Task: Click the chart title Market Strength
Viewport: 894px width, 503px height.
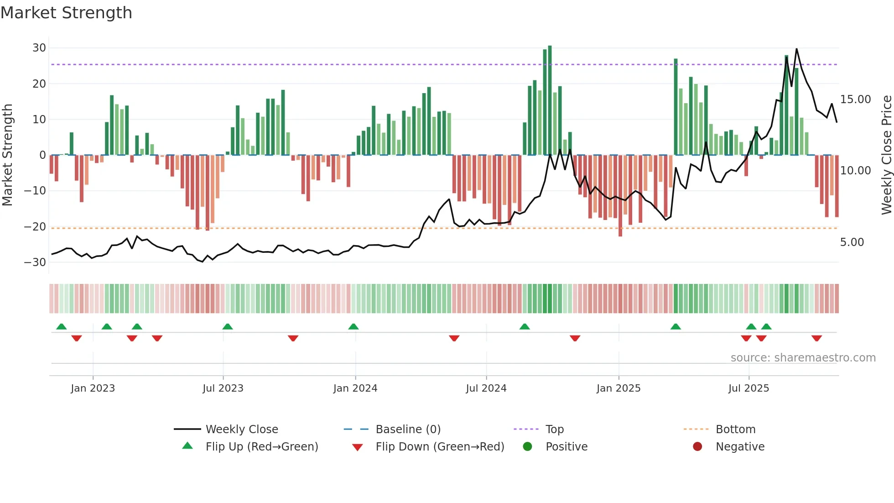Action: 66,13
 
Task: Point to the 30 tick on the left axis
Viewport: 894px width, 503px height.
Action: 39,48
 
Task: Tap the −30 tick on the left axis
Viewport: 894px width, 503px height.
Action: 35,262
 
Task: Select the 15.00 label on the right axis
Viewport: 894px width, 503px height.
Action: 855,100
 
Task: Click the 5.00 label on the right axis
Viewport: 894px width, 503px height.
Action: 852,242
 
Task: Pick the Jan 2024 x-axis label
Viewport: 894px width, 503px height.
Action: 355,388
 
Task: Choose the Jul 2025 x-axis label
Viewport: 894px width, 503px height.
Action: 748,388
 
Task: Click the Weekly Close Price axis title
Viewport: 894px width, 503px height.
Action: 886,155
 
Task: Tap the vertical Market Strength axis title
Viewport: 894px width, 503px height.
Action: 7,155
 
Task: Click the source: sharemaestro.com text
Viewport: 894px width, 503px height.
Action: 803,358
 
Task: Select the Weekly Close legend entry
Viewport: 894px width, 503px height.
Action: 241,430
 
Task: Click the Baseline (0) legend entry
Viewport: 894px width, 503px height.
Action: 408,430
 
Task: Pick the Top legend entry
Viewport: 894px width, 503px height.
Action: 554,430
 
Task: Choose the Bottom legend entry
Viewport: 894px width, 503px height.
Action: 735,430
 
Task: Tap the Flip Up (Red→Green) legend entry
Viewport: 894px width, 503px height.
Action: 261,447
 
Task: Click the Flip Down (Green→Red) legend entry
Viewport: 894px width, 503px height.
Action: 440,447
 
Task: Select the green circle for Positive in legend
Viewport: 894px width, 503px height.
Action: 528,447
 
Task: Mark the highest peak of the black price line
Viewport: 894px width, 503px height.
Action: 796,49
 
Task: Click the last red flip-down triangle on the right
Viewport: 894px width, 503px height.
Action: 816,338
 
